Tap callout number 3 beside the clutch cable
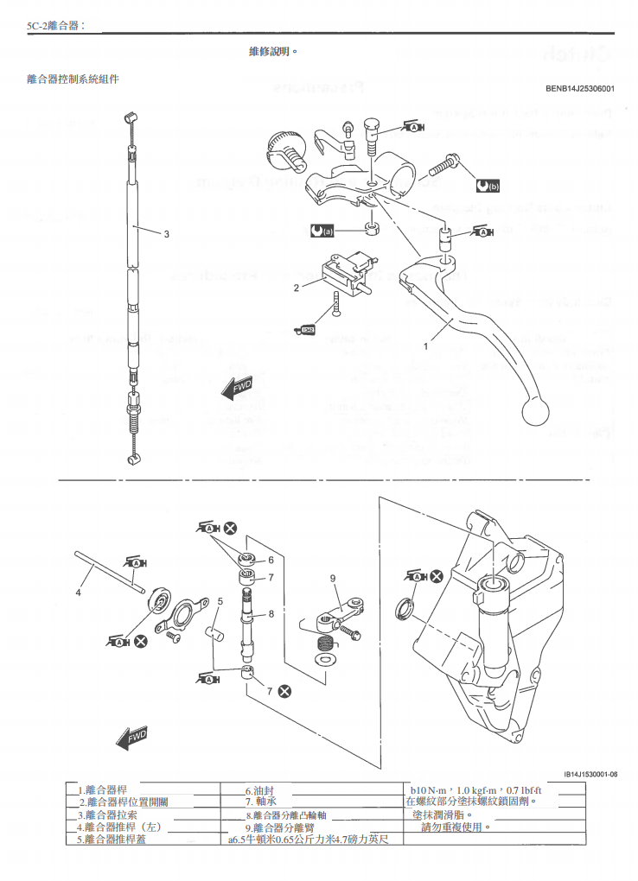[167, 233]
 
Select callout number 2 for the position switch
[296, 288]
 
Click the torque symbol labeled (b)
[488, 185]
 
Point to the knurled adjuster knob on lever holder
[282, 143]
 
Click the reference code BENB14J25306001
[579, 88]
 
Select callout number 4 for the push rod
[78, 593]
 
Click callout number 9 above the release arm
[331, 578]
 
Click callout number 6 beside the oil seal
[271, 560]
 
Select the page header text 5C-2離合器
[55, 26]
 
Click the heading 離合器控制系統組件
[73, 79]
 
